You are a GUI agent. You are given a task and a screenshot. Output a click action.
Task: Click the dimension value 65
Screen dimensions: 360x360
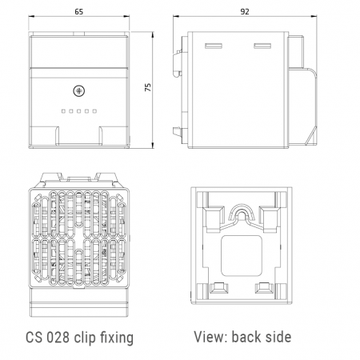click(x=79, y=12)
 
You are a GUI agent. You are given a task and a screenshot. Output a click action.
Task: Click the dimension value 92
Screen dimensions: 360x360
click(x=245, y=12)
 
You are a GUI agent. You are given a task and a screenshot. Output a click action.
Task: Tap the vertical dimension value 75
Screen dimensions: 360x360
click(x=148, y=87)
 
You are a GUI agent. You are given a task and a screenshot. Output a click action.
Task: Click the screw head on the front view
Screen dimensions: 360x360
click(x=78, y=91)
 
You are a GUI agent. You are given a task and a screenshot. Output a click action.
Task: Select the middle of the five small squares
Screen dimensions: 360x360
click(x=78, y=111)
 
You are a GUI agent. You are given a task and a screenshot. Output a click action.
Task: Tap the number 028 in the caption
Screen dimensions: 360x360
click(x=58, y=338)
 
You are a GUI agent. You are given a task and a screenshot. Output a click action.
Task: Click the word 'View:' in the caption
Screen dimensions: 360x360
click(x=210, y=337)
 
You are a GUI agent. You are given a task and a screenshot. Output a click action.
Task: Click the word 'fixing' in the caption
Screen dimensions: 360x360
click(x=117, y=338)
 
